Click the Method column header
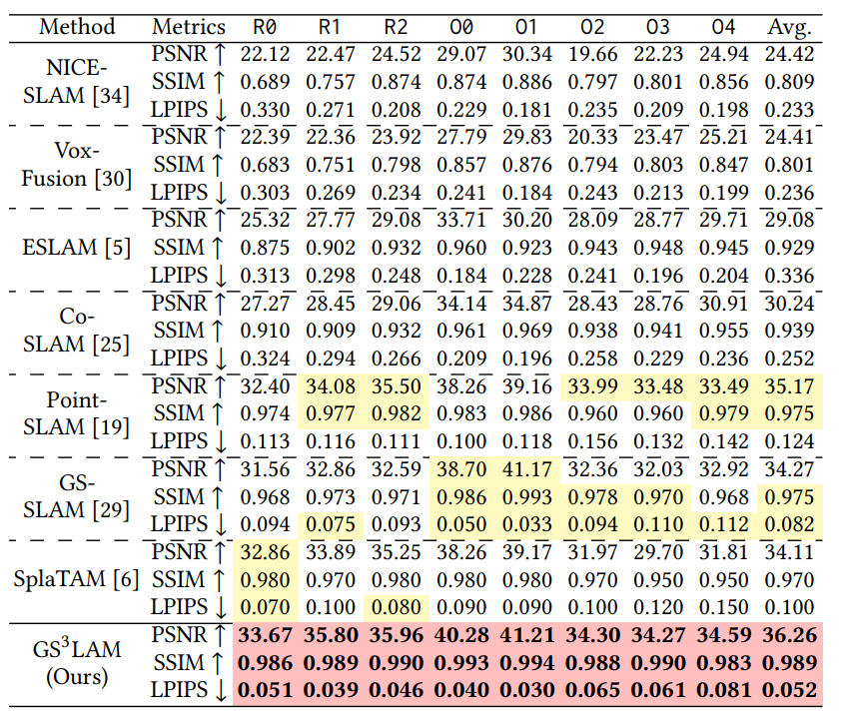tap(77, 26)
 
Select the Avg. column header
tap(790, 26)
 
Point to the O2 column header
tap(590, 26)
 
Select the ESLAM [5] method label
tap(77, 247)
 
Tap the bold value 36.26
tap(790, 633)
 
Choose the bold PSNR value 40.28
tap(460, 633)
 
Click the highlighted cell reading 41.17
tap(525, 467)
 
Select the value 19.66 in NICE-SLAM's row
tap(590, 54)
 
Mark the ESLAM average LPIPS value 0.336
tap(790, 275)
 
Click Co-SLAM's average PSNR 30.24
tap(790, 303)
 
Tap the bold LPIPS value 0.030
tap(525, 689)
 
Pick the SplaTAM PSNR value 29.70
tap(656, 550)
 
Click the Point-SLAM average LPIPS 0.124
tap(790, 440)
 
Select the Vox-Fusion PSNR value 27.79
tap(460, 137)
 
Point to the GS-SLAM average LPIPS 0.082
tap(790, 523)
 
